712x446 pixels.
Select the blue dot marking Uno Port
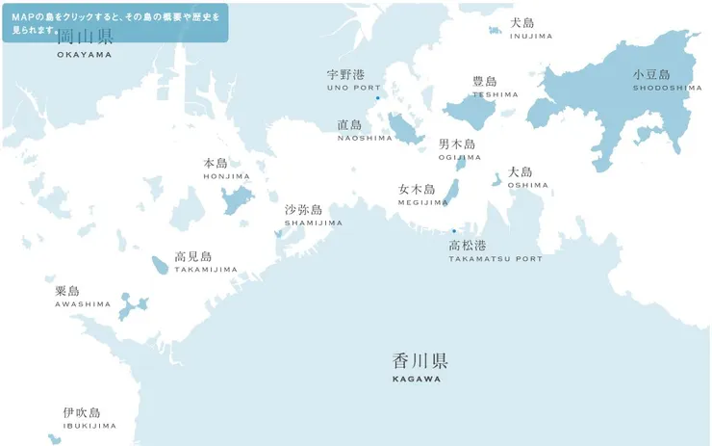[x=378, y=97]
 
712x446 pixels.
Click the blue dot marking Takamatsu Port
[x=454, y=231]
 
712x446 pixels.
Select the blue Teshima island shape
[x=470, y=113]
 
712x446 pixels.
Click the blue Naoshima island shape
[x=404, y=129]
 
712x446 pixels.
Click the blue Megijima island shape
[x=450, y=191]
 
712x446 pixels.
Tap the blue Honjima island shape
[x=236, y=200]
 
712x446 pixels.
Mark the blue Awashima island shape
[x=131, y=305]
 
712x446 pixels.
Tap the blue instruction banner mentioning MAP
[x=114, y=22]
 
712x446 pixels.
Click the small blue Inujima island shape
[x=496, y=30]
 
